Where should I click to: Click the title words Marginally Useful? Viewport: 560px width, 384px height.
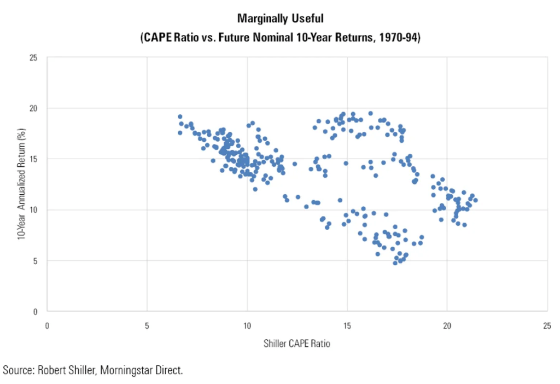pos(280,19)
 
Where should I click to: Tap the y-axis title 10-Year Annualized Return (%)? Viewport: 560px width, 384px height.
pos(21,184)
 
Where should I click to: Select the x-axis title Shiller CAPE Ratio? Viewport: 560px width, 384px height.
pos(297,344)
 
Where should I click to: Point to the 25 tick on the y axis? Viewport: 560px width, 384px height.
pos(34,57)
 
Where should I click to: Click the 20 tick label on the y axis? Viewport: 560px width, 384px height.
pos(34,108)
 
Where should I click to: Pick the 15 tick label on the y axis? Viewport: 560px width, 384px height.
pos(34,159)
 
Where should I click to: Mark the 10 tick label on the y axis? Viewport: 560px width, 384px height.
pos(34,210)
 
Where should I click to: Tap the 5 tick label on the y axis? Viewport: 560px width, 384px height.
pos(36,261)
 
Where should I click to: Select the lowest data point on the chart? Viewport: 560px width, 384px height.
pos(395,263)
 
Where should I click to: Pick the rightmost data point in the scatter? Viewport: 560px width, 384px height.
pos(475,200)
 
